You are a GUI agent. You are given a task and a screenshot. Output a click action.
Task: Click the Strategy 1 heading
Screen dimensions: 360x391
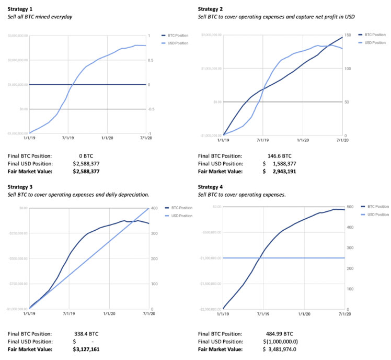(x=19, y=9)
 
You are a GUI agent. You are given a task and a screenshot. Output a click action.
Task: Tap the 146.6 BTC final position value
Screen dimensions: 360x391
(x=280, y=155)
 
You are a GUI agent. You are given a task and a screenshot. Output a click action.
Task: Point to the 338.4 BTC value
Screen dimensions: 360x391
(x=86, y=333)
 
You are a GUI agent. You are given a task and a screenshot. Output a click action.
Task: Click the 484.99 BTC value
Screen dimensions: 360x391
(x=280, y=333)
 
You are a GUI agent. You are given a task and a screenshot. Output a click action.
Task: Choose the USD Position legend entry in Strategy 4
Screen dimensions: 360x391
(x=377, y=215)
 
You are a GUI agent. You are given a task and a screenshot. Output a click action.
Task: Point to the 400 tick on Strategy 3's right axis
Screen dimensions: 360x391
(x=155, y=208)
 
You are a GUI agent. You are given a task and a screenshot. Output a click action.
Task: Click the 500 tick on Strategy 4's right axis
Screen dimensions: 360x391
(x=350, y=207)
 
